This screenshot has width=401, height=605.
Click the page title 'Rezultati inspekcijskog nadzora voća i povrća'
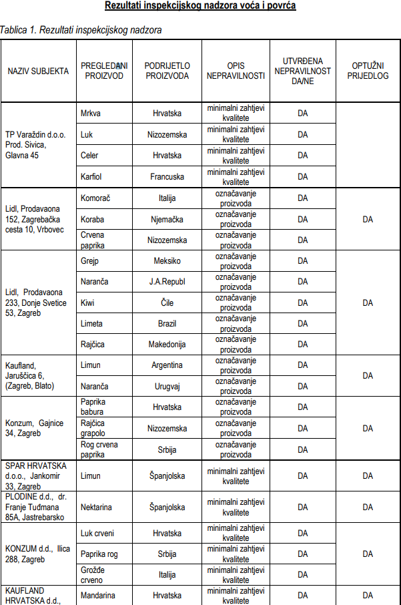click(200, 6)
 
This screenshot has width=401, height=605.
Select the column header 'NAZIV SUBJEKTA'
click(38, 71)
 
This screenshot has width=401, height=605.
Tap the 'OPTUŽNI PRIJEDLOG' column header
click(368, 71)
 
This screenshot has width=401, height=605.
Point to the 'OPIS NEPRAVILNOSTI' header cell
click(236, 71)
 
